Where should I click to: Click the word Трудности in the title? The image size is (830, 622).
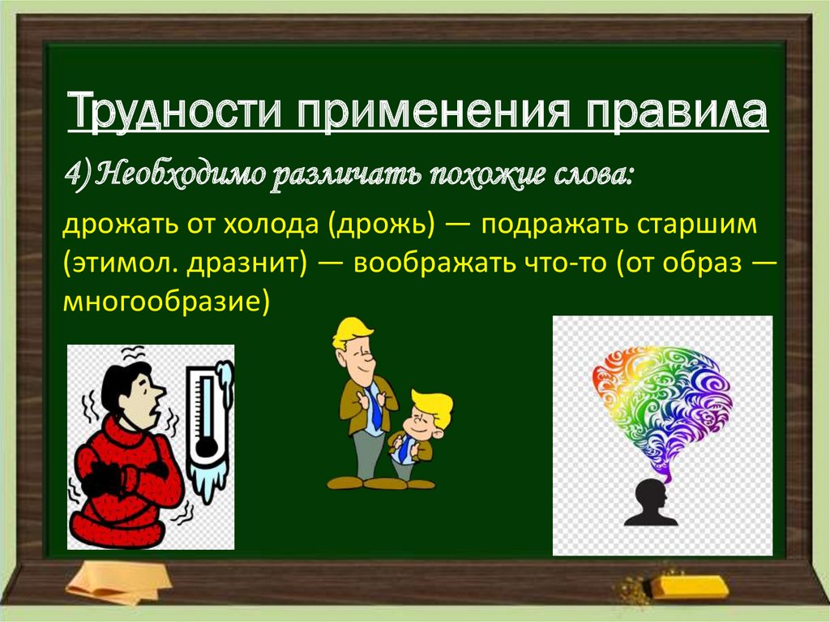tap(174, 111)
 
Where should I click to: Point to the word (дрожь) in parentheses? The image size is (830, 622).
tap(381, 224)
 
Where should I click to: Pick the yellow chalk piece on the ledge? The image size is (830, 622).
tap(689, 586)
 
